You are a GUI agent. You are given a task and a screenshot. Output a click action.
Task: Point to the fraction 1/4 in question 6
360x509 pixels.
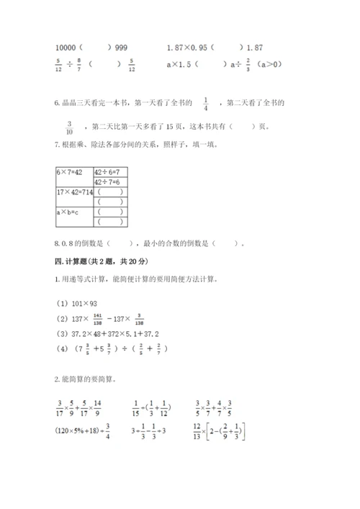(x=205, y=104)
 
